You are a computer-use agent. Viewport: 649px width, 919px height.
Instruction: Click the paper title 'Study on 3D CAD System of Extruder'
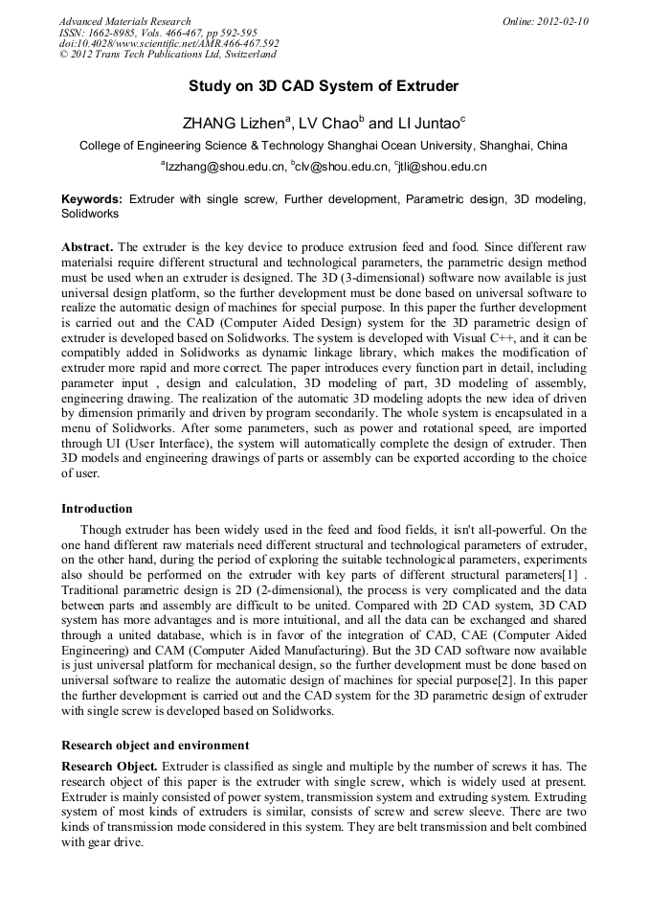(x=324, y=86)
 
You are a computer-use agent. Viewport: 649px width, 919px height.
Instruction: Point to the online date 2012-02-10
(x=546, y=21)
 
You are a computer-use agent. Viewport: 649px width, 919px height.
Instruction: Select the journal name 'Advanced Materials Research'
(x=124, y=21)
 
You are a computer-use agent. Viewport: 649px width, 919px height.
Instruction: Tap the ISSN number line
(x=157, y=33)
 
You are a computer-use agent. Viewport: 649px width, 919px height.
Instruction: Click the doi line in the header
(x=168, y=43)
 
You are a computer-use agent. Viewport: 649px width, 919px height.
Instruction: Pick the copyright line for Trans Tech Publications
(x=168, y=55)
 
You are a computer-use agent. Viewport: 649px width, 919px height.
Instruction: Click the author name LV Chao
(x=331, y=124)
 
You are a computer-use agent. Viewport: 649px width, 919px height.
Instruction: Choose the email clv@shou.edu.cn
(x=336, y=167)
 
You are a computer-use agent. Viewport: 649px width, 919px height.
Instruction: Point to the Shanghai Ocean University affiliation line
(x=324, y=146)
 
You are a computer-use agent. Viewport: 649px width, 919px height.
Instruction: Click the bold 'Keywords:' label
(x=92, y=199)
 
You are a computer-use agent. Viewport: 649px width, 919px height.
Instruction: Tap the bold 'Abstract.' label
(x=87, y=246)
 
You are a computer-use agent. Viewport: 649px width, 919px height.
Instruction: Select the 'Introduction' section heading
(x=97, y=508)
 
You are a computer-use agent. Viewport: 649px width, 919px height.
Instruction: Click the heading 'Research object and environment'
(x=155, y=745)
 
